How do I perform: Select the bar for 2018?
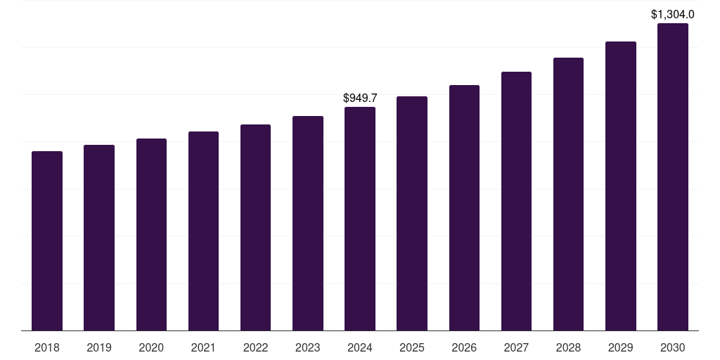[x=47, y=240]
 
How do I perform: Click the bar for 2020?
[x=151, y=234]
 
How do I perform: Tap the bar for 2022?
[x=255, y=227]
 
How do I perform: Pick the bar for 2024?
[x=360, y=219]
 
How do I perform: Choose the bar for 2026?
[x=464, y=207]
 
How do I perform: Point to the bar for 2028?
[x=568, y=194]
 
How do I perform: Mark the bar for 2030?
[x=673, y=176]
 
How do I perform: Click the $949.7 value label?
[x=360, y=98]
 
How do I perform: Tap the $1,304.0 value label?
[x=673, y=15]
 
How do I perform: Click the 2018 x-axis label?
[x=47, y=347]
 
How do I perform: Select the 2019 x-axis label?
[x=99, y=347]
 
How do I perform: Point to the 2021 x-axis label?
[x=203, y=347]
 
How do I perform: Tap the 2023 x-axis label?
[x=308, y=347]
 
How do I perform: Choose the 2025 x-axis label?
[x=412, y=347]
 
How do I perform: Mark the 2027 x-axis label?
[x=516, y=347]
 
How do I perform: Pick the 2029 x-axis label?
[x=621, y=347]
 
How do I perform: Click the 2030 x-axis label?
[x=673, y=347]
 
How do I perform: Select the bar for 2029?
[x=621, y=186]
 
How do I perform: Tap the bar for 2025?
[x=412, y=213]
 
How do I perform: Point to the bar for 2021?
[x=203, y=231]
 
